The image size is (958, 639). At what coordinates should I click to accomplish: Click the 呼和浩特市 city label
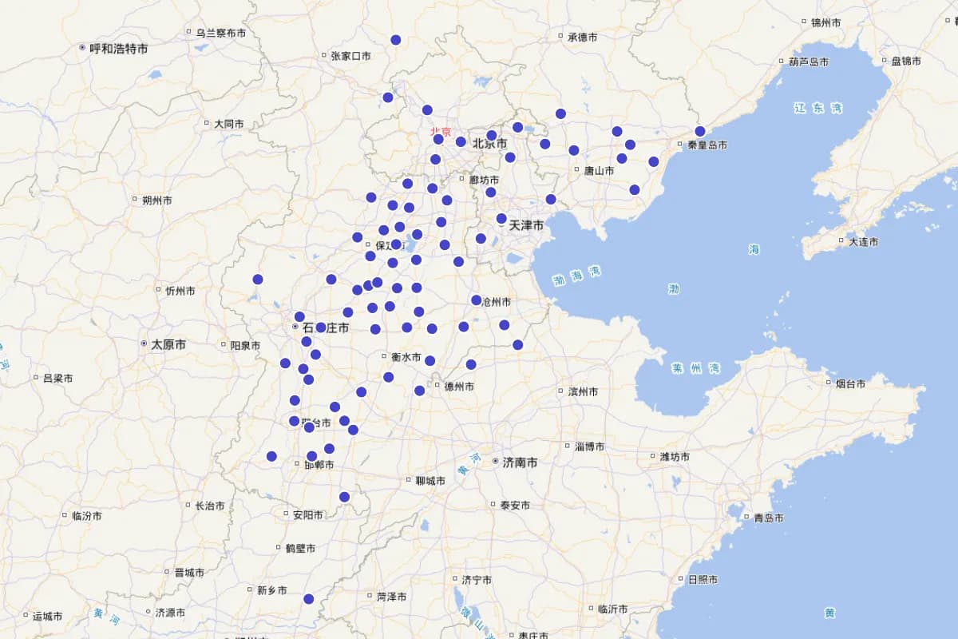click(118, 49)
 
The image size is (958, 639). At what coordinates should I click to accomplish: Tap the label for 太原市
click(168, 344)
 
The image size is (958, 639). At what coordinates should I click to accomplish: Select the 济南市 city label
click(520, 462)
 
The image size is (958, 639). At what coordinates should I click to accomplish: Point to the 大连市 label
click(864, 241)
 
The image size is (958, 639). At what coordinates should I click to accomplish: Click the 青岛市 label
click(770, 518)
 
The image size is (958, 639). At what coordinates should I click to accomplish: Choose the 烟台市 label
click(850, 383)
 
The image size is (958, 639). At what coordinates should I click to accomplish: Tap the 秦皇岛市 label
click(707, 145)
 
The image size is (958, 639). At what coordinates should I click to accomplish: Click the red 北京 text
click(441, 132)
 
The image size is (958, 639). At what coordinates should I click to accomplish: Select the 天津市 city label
click(526, 226)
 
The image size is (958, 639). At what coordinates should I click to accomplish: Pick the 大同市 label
click(228, 124)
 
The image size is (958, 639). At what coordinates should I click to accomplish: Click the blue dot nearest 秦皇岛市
click(700, 131)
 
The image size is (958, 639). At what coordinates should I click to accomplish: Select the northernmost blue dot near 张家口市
click(396, 40)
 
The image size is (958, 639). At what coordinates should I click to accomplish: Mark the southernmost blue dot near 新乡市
click(309, 599)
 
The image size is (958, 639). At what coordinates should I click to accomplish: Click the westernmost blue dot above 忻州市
click(258, 279)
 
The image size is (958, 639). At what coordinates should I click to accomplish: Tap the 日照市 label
click(702, 579)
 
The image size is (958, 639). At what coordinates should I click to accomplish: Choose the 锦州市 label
click(825, 22)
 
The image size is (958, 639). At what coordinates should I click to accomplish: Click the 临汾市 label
click(86, 516)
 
